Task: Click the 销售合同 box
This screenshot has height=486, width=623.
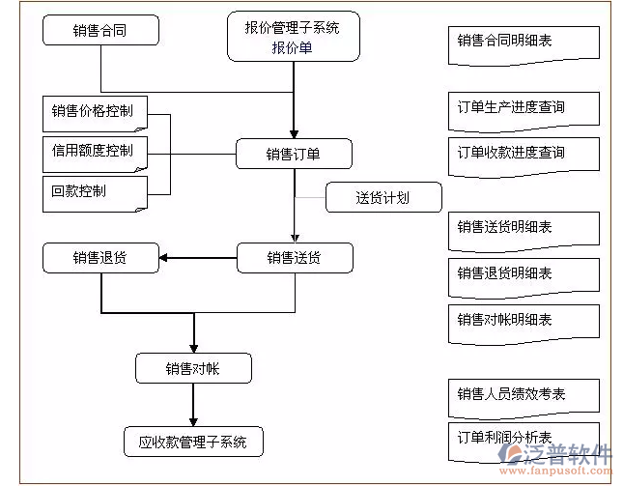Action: click(x=100, y=30)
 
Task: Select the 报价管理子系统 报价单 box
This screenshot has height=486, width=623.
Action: click(x=292, y=38)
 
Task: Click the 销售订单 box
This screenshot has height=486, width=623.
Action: click(x=294, y=154)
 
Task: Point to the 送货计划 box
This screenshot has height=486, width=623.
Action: click(x=382, y=198)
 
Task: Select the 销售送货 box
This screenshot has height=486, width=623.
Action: click(x=294, y=258)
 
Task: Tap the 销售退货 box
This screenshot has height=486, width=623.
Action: click(x=100, y=258)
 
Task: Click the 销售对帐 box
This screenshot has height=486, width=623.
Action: click(x=193, y=368)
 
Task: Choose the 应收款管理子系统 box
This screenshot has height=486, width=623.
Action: click(x=193, y=443)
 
